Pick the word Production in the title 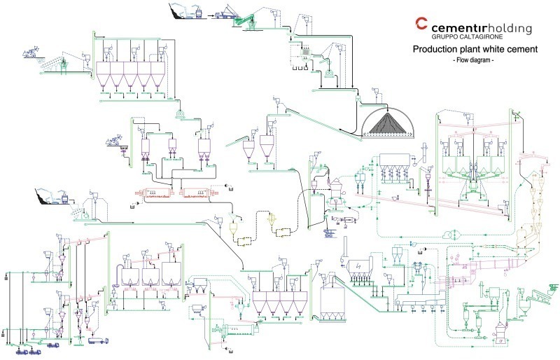(435, 50)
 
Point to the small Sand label (124, 148)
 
